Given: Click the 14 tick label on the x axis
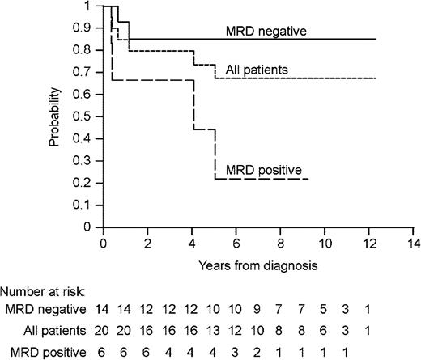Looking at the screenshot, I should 414,242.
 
